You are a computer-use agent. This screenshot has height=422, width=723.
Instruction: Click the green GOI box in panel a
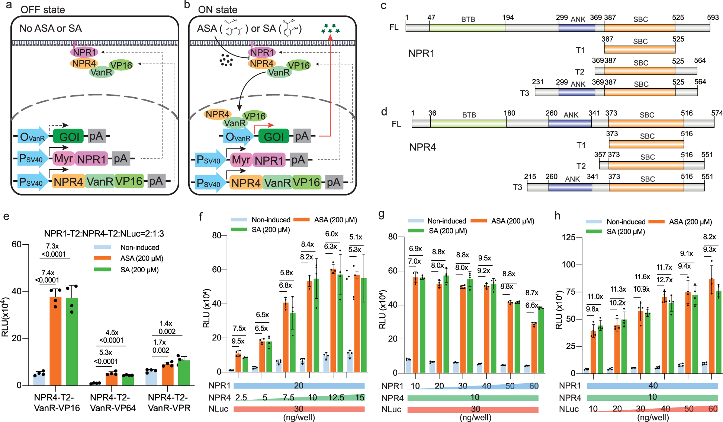pos(68,136)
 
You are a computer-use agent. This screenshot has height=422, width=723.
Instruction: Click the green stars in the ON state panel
pos(330,28)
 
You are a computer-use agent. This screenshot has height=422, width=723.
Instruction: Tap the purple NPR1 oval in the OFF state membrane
pos(85,52)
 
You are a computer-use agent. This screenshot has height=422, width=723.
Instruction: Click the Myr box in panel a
pos(64,159)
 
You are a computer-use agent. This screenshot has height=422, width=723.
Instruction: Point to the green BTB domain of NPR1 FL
pos(467,28)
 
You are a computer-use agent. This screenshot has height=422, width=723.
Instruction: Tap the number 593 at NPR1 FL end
pos(713,18)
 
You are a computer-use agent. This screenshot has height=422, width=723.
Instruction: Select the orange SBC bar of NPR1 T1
pos(639,50)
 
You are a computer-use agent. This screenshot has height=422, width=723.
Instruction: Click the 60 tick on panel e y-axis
pos(16,244)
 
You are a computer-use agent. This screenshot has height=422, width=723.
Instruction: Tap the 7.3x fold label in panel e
pos(52,246)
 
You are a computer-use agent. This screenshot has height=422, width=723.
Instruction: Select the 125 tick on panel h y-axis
pos(569,237)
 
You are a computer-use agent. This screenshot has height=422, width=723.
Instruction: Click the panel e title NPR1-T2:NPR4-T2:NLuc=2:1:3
pos(104,234)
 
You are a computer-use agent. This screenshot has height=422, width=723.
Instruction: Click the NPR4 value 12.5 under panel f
pos(336,397)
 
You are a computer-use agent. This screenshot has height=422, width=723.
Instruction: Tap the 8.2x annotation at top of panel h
pos(709,237)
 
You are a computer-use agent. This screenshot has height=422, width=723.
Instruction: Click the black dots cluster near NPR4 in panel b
pos(226,60)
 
